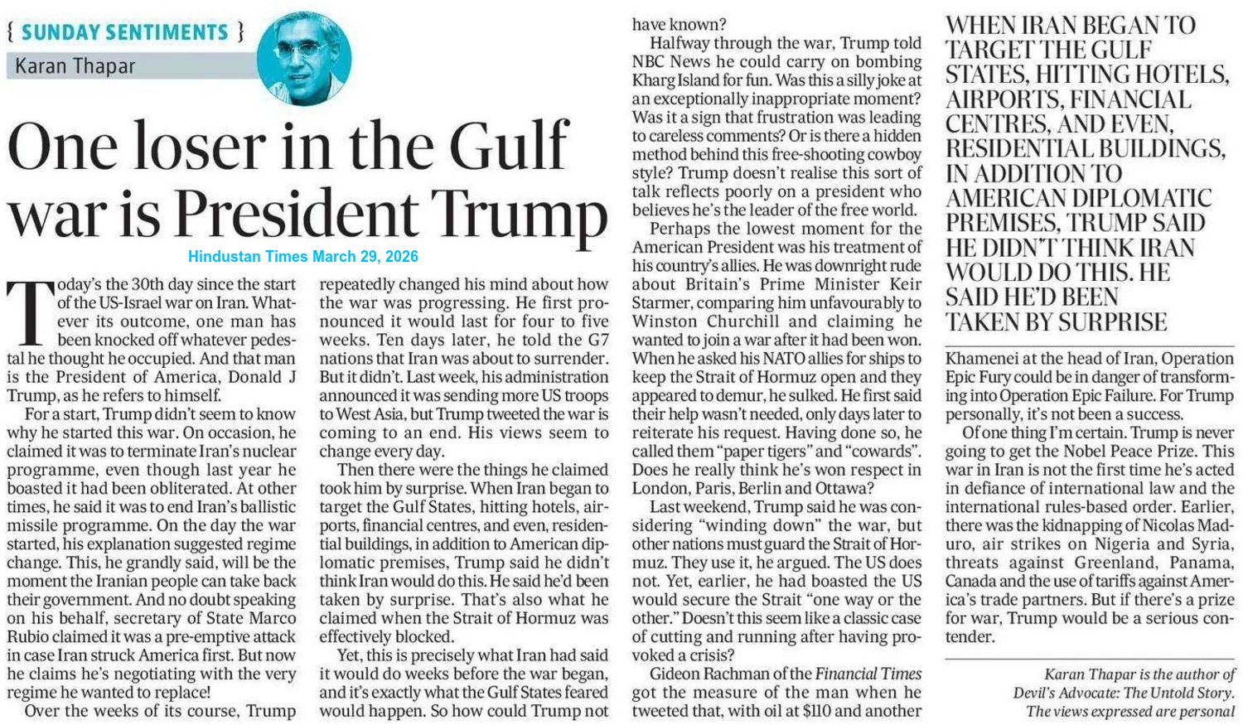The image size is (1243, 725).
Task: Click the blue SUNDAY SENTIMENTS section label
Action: point(124,32)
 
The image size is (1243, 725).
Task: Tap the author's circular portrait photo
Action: point(303,58)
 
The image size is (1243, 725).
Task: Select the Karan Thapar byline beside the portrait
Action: point(75,66)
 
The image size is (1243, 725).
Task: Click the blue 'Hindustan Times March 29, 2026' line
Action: point(303,257)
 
